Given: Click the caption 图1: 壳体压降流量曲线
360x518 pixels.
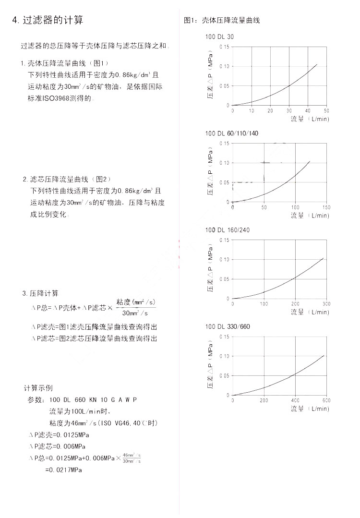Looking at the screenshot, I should (x=222, y=21).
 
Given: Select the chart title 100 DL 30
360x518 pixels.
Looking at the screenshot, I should (x=219, y=37).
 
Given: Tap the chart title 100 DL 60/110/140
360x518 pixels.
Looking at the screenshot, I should (x=231, y=133).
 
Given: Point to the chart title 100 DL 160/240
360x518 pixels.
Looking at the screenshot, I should (x=228, y=230).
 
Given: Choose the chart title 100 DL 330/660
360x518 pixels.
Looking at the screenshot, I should (x=228, y=327).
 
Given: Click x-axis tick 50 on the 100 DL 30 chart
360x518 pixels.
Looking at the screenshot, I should (x=326, y=111).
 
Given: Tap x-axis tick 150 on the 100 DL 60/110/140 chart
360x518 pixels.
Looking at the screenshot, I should (x=326, y=208).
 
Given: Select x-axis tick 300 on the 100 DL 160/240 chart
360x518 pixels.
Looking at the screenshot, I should (x=326, y=304).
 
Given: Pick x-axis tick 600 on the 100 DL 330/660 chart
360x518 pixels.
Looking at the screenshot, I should (x=326, y=400).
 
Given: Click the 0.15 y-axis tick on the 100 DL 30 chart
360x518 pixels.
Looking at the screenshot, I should (x=224, y=47).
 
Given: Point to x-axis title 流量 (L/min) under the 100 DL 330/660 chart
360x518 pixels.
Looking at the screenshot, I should (x=310, y=409).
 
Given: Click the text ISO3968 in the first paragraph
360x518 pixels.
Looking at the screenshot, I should (x=58, y=99).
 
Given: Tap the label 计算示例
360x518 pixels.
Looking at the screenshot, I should (x=38, y=388).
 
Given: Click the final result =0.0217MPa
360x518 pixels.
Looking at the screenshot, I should (x=64, y=470).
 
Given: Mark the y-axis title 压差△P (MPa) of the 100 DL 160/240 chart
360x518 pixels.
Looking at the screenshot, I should (x=210, y=270).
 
